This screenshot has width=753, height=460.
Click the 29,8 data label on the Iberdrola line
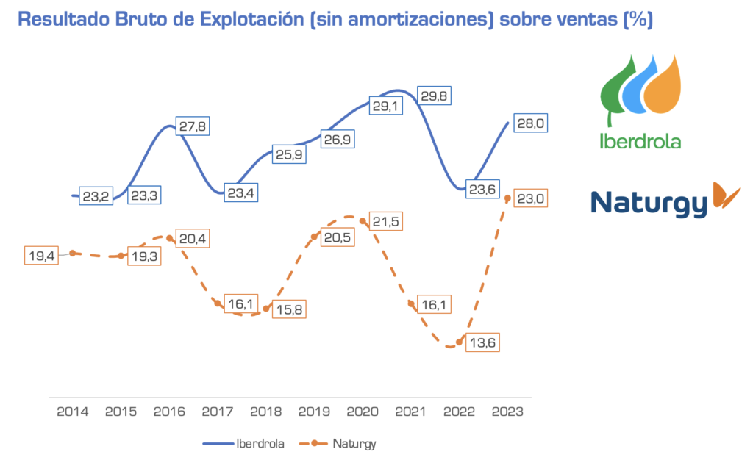(x=434, y=96)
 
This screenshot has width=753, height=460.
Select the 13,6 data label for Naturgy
(x=482, y=342)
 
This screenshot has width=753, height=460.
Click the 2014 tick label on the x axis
(x=72, y=412)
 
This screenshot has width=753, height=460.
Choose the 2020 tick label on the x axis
(x=363, y=412)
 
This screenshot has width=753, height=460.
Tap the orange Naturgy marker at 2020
(x=363, y=219)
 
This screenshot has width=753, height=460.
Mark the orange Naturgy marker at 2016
(x=169, y=238)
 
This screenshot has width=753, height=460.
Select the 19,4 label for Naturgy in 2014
(x=42, y=256)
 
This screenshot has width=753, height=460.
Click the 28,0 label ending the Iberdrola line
(x=529, y=124)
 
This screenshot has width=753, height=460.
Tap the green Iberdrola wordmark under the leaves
(x=640, y=141)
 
